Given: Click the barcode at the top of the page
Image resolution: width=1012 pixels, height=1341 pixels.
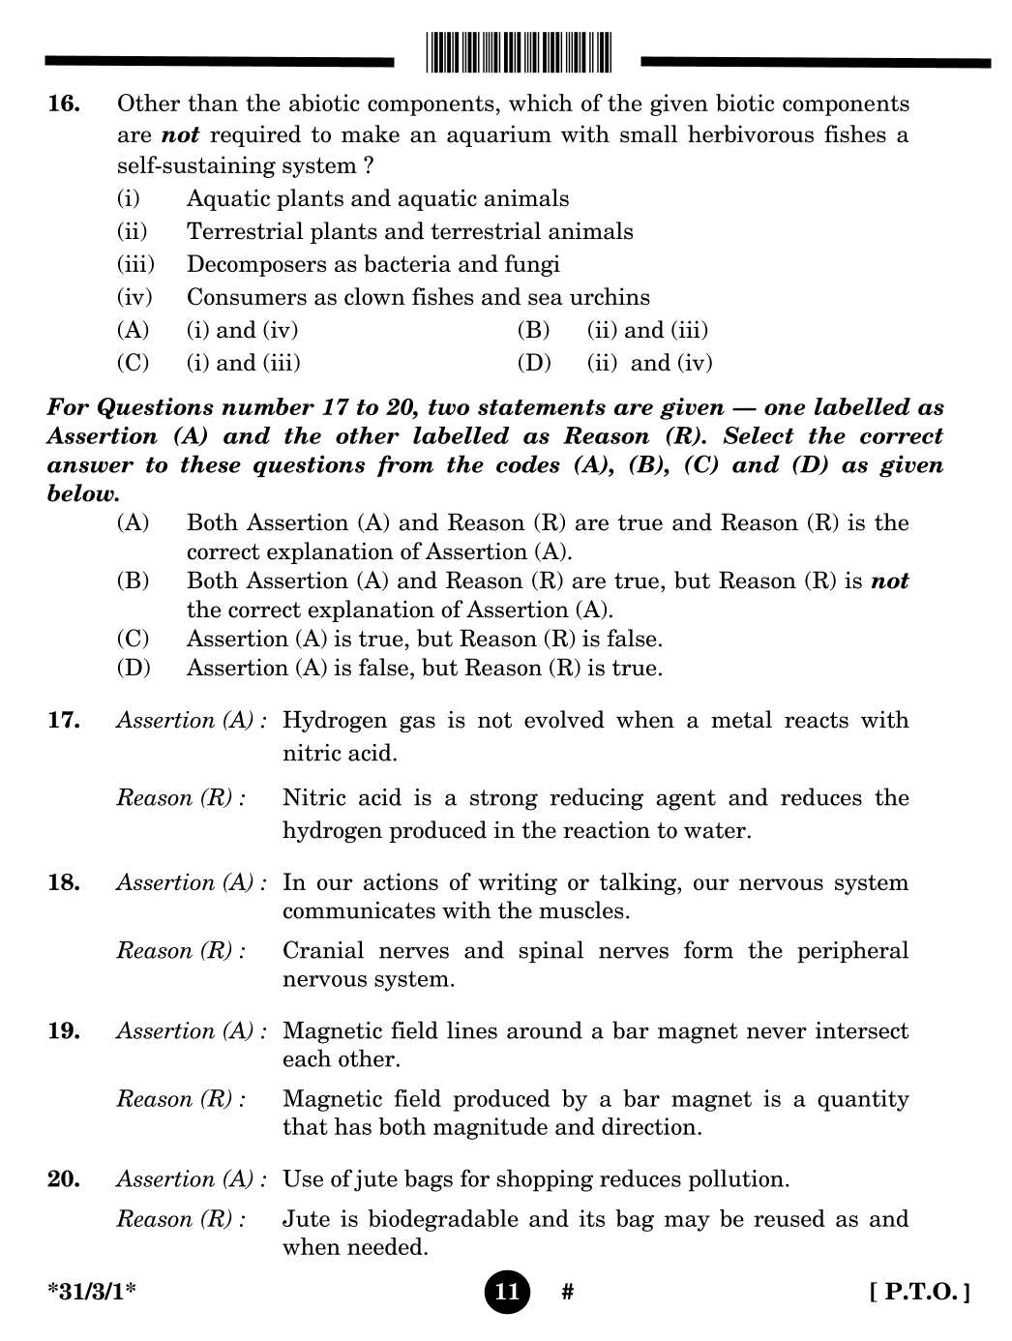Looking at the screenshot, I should tap(519, 53).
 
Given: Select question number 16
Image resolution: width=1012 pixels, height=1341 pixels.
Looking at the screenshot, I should tap(64, 104).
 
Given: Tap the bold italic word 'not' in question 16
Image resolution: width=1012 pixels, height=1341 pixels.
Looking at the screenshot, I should tap(180, 134).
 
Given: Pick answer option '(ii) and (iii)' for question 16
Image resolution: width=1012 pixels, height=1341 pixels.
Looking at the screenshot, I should tap(647, 330).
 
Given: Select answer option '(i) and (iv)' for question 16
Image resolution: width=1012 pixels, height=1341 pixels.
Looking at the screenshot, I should tap(242, 330).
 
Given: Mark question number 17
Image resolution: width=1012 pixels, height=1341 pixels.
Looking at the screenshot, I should tap(64, 720).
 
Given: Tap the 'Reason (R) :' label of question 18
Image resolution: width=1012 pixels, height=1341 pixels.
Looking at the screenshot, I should tap(181, 950).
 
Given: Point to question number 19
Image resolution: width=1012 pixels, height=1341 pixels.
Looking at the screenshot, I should tap(64, 1030).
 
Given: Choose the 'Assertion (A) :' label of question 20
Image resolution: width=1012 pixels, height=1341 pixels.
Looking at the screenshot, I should tap(191, 1178).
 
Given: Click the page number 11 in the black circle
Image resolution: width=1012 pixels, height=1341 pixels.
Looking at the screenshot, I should tap(507, 1291).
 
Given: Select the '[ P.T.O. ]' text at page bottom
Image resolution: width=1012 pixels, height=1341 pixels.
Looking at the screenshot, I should tap(919, 1291).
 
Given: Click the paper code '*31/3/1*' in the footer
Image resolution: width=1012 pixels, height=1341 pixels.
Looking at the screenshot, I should tap(92, 1291).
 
